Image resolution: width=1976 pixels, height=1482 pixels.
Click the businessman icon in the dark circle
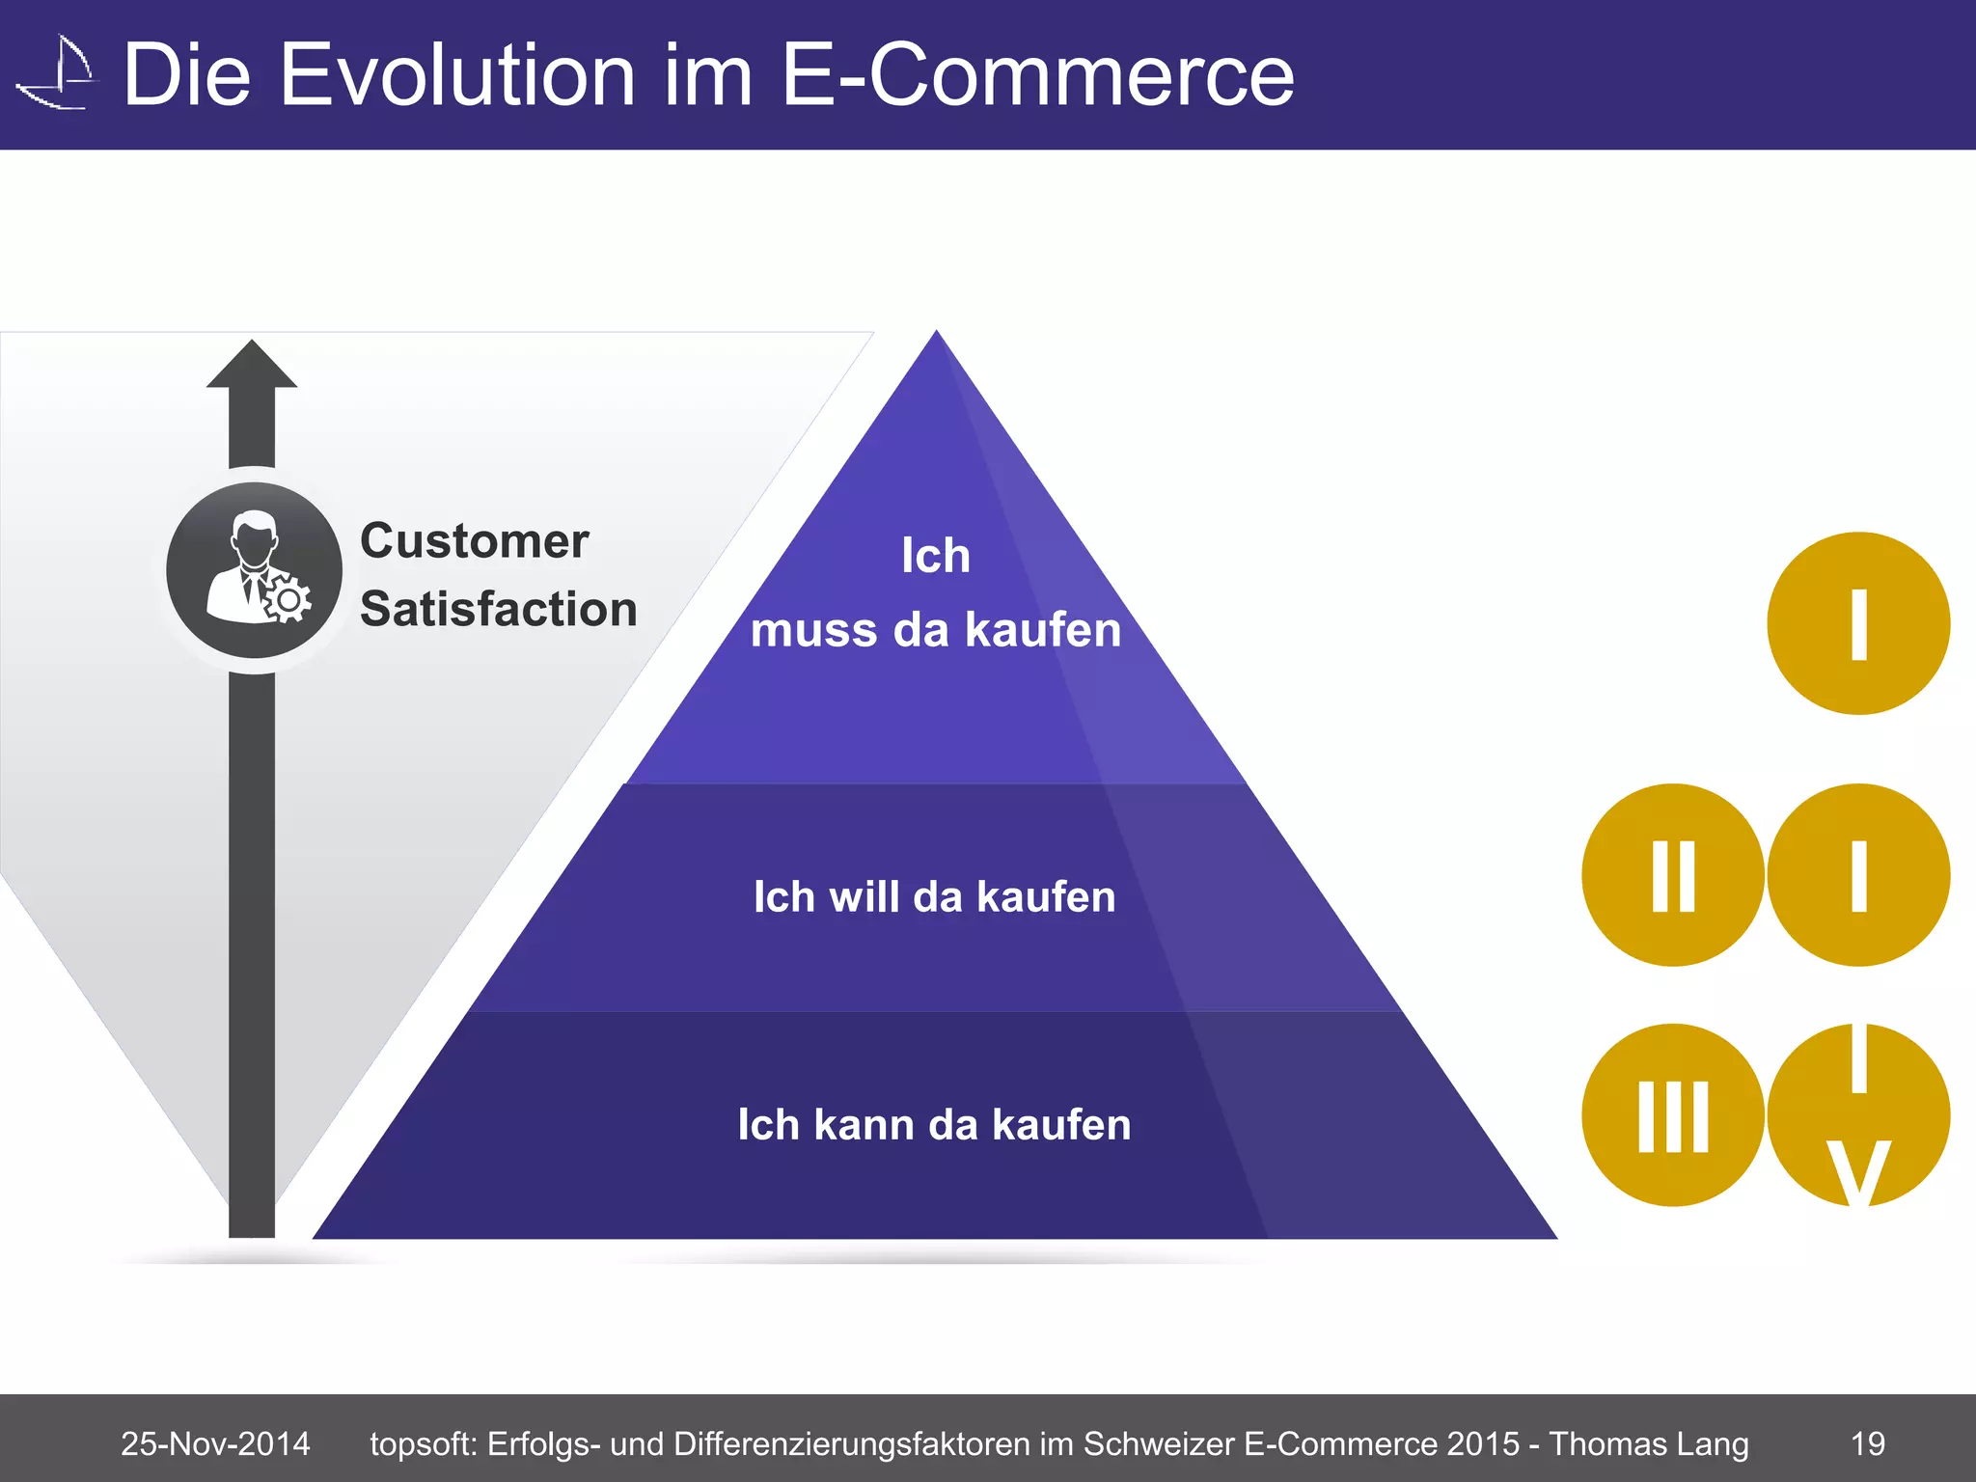255,570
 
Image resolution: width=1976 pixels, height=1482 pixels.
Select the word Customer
474,541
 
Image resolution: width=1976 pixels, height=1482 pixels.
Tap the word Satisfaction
498,610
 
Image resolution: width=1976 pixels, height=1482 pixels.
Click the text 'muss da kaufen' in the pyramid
935,630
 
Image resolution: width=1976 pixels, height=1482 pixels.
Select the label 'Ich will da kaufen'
934,896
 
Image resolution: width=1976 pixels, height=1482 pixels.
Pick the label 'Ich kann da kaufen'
934,1125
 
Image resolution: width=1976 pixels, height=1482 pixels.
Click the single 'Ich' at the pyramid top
935,556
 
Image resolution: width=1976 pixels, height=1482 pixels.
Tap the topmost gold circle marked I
1857,623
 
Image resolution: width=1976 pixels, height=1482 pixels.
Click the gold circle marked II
1672,875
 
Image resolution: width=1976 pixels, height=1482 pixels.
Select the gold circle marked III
1672,1115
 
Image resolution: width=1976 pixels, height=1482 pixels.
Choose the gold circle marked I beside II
1857,875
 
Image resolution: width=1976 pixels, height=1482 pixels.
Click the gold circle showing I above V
1857,1115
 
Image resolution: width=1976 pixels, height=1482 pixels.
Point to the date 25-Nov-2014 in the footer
215,1443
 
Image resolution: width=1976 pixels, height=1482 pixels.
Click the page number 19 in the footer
1867,1443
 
